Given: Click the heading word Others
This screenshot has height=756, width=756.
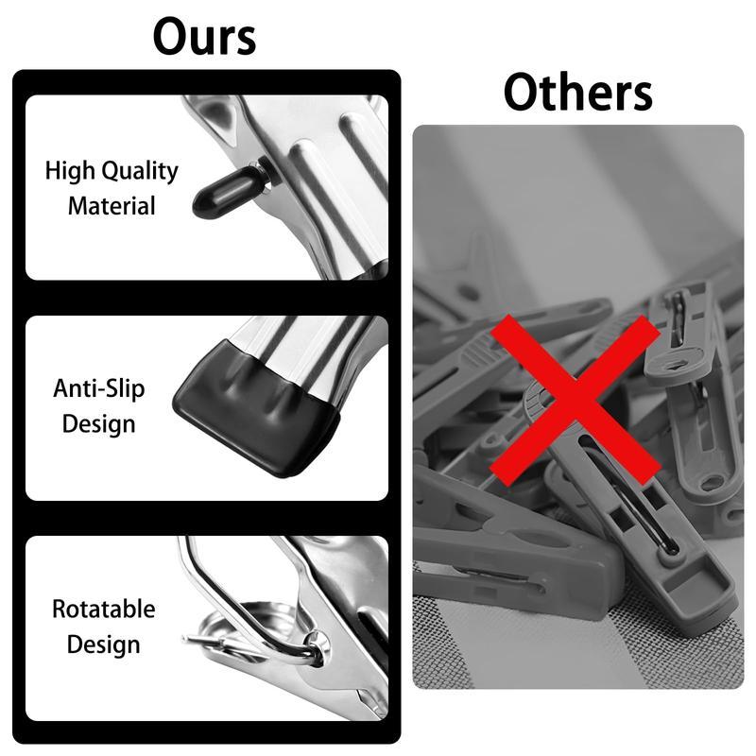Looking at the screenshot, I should tap(577, 93).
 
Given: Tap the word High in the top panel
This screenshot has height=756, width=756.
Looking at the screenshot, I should tap(70, 172).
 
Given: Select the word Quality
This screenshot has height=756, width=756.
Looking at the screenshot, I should tap(139, 172).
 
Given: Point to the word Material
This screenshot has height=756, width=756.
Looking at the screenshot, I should tap(112, 205).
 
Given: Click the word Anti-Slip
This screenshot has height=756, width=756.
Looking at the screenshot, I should tap(99, 388).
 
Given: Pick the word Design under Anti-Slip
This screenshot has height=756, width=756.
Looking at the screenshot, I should tap(99, 422).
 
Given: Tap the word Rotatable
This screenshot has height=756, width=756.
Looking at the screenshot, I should tap(103, 610).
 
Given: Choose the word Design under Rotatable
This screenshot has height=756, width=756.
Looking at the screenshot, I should tap(103, 644).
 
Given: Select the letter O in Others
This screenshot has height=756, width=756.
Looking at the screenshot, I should tap(523, 93).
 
